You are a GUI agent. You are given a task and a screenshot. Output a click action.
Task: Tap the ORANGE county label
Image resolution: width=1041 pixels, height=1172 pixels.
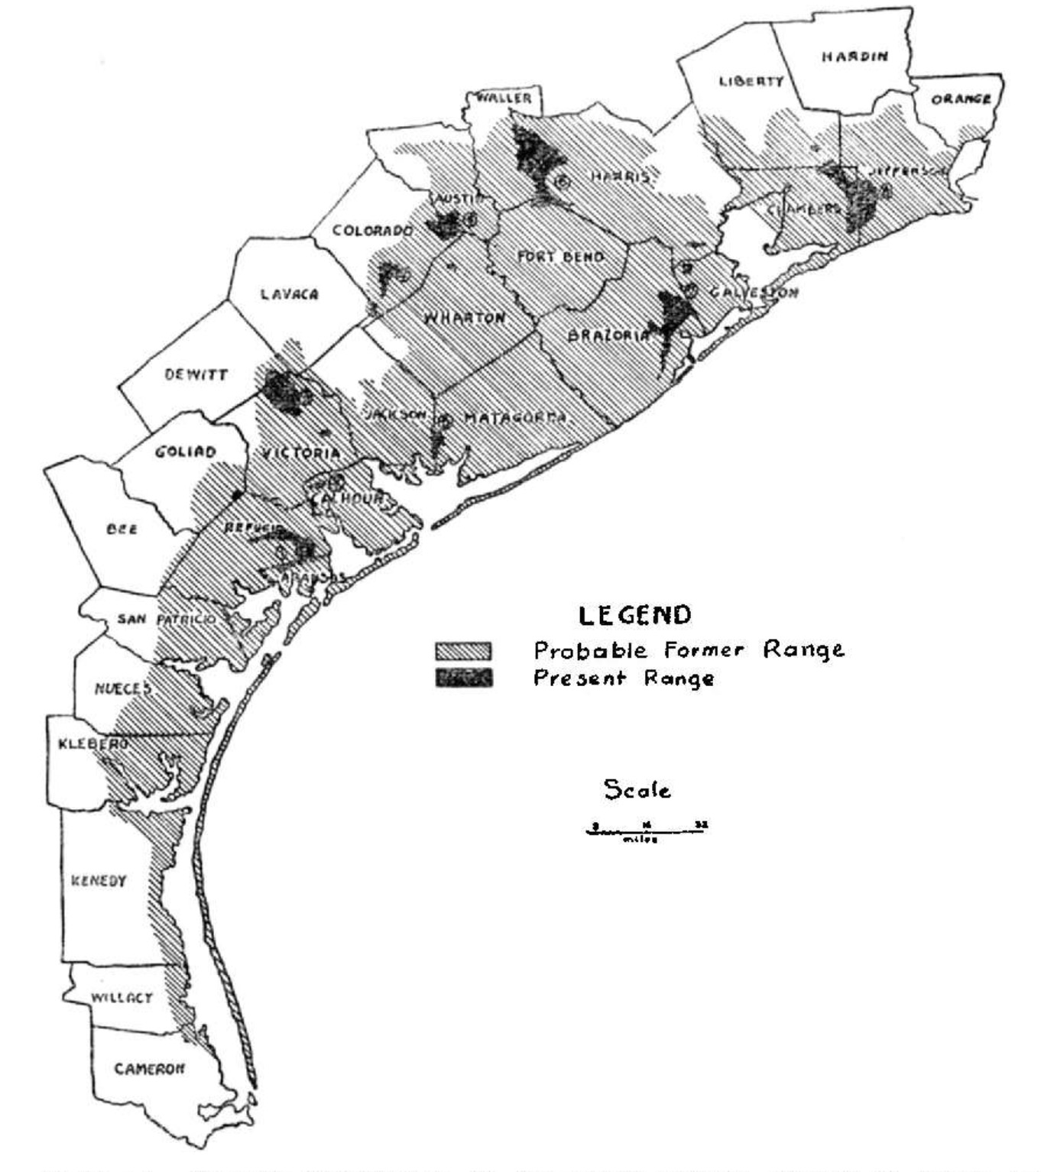pos(961,99)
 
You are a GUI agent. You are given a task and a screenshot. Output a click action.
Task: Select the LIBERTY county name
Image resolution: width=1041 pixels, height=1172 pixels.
pos(751,81)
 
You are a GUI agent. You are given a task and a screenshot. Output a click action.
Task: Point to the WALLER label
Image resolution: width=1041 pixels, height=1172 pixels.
pos(504,99)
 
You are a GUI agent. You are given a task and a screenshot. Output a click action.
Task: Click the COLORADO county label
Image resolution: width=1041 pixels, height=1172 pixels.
pos(372,231)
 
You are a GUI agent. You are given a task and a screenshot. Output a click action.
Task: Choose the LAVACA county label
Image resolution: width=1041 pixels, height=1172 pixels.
pos(290,294)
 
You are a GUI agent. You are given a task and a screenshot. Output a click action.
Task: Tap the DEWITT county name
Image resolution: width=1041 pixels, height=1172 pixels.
pos(196,375)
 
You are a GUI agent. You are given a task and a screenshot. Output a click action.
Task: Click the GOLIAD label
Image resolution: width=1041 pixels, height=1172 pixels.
pos(185,452)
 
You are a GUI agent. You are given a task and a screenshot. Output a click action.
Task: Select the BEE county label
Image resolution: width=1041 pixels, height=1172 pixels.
pos(122,529)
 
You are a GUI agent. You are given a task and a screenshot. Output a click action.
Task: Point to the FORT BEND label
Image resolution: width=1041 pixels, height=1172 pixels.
pos(560,257)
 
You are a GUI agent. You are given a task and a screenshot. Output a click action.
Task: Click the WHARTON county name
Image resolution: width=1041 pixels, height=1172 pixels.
pos(465,317)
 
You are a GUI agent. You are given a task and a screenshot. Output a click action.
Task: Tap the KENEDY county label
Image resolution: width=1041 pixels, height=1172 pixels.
pos(99,881)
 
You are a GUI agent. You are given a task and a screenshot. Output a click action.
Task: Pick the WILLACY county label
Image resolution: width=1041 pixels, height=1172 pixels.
pos(122,998)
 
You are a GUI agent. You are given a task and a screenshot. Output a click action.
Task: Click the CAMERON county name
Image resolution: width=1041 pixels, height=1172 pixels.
pos(149,1069)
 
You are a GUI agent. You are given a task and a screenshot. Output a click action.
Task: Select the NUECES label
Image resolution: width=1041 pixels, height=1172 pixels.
pos(122,688)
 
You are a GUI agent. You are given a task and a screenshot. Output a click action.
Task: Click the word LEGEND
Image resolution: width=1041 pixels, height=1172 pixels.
pos(634,615)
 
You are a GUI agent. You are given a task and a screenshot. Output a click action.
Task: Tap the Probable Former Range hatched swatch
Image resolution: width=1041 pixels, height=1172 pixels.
pos(463,651)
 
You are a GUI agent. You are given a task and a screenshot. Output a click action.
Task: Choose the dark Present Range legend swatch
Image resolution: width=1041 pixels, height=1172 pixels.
pos(463,678)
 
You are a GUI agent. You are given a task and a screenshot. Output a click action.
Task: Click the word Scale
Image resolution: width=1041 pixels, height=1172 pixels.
pos(637,789)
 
